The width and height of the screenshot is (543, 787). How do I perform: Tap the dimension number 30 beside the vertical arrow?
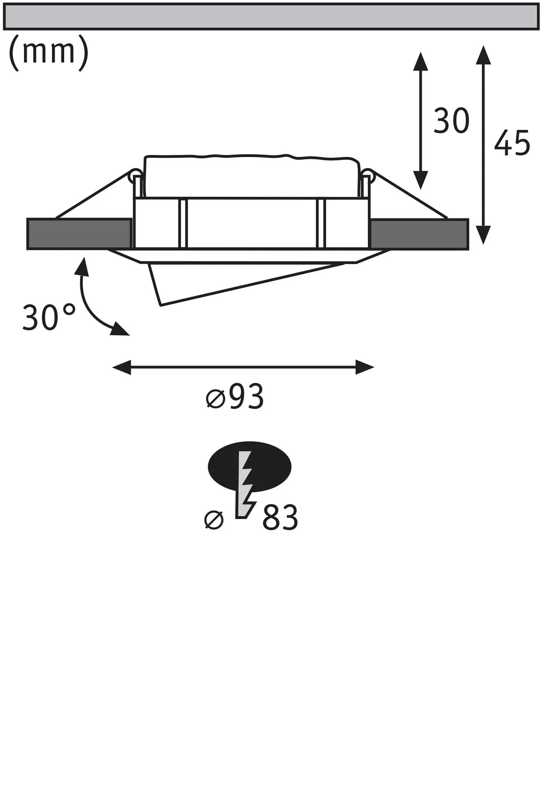point(451,121)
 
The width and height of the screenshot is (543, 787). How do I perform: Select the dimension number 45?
point(512,143)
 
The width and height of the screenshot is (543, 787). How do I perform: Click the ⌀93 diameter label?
point(235,397)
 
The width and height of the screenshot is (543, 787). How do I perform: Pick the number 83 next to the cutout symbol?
point(280,518)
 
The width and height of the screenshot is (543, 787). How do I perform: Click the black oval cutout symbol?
point(249,467)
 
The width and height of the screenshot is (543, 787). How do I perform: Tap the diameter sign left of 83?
point(214,520)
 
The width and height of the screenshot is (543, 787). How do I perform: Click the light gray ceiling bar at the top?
point(271,16)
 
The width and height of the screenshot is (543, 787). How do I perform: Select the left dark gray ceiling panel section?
point(79,234)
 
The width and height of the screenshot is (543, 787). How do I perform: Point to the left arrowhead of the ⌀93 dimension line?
point(121,368)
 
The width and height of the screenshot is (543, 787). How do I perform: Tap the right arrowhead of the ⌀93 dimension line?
point(365,368)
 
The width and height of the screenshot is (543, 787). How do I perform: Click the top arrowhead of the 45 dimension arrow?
point(483,54)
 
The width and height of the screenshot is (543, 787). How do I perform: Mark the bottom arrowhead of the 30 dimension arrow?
point(421,180)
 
